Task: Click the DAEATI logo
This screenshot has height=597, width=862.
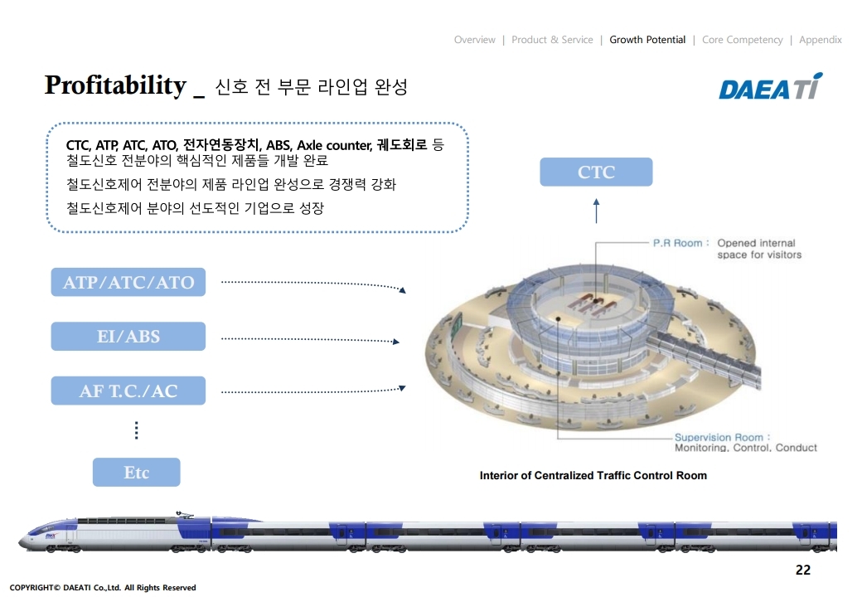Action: [770, 87]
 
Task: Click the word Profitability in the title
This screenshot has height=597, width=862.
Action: [115, 85]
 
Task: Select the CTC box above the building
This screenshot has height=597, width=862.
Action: [596, 172]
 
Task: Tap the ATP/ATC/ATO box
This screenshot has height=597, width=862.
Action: [128, 282]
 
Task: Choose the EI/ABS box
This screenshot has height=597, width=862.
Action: [128, 337]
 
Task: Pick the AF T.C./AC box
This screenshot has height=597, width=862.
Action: [128, 391]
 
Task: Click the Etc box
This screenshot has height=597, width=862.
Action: [136, 473]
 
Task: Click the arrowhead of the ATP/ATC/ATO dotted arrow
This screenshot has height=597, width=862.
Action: [403, 290]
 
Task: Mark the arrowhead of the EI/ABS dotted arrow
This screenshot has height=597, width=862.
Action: [397, 341]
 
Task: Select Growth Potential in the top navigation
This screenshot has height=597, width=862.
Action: [647, 40]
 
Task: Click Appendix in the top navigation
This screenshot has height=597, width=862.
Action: [820, 40]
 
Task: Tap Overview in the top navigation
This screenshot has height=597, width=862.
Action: [474, 40]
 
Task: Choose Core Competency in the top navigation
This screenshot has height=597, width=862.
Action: [742, 40]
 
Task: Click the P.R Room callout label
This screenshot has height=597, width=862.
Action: [676, 244]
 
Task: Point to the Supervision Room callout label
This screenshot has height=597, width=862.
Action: [718, 437]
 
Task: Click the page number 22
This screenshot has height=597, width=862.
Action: [802, 570]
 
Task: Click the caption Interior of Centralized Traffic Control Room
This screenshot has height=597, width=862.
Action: [593, 476]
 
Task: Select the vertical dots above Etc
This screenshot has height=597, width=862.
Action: [136, 430]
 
